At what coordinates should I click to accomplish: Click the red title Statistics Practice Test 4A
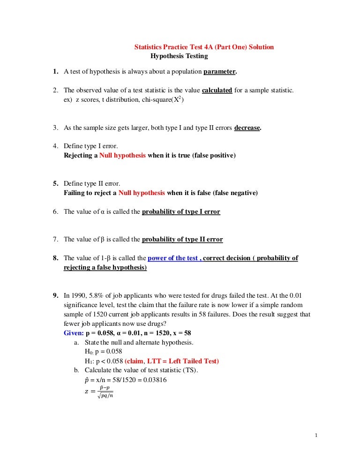click(204, 47)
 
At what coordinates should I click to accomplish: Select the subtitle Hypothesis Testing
click(179, 56)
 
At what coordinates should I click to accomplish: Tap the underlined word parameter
click(220, 72)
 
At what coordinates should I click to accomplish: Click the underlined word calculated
click(217, 90)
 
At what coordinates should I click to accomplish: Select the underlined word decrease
click(247, 128)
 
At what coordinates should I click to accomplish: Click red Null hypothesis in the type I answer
click(123, 155)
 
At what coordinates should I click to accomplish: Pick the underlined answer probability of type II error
click(182, 239)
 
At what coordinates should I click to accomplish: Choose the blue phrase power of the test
click(174, 258)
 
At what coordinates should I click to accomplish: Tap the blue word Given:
click(74, 333)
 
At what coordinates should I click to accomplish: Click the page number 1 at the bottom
click(316, 436)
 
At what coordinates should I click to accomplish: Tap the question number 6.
click(55, 211)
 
